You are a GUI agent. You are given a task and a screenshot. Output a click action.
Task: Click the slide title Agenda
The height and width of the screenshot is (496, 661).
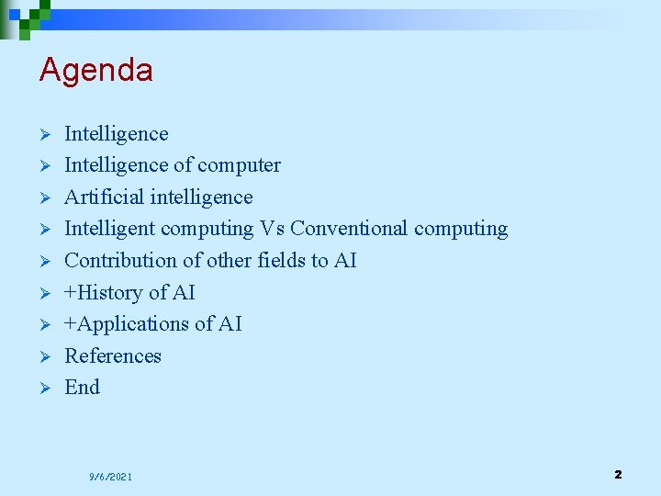coord(95,70)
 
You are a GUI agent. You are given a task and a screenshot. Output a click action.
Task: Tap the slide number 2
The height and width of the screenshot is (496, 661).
coord(618,475)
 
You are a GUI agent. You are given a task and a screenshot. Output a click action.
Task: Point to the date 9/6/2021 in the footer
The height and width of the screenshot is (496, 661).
coord(110,477)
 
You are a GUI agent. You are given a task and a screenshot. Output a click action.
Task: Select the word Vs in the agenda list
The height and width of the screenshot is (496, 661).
coord(272,229)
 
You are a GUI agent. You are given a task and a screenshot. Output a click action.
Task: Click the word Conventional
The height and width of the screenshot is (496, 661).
coord(349,229)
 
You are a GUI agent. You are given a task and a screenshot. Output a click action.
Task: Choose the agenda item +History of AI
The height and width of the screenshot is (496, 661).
coord(129,292)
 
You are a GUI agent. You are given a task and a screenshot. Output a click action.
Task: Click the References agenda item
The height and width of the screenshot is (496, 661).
coord(112,355)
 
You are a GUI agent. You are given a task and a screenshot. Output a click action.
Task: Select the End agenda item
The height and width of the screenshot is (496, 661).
coord(82,388)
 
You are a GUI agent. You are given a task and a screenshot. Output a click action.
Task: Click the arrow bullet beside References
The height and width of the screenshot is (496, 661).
coord(43,356)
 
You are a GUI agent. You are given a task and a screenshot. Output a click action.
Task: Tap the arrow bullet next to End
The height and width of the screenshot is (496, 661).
coord(43,389)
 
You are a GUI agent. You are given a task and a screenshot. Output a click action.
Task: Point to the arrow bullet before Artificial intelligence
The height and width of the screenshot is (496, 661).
coord(43,197)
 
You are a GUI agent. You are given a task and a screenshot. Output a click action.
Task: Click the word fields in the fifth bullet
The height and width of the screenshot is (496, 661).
coord(279,261)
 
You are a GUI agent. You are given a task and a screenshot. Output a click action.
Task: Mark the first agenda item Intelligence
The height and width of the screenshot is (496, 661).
coord(116,134)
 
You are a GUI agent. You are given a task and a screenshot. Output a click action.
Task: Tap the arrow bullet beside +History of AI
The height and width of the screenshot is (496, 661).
coord(43,293)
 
